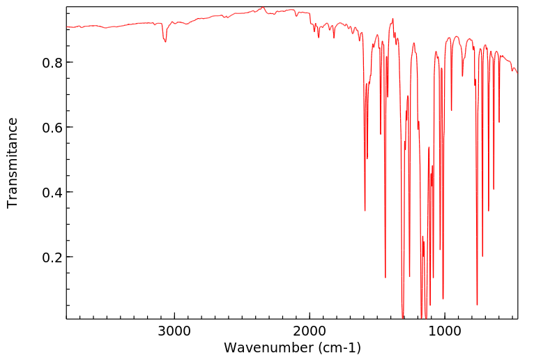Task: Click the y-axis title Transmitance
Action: click(13, 163)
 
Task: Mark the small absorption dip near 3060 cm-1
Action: click(165, 42)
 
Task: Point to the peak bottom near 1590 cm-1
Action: click(365, 210)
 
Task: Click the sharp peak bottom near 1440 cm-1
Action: click(385, 277)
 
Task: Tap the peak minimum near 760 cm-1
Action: click(477, 304)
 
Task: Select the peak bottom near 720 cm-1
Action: click(482, 256)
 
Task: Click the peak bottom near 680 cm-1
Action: click(488, 211)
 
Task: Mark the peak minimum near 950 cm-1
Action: click(451, 110)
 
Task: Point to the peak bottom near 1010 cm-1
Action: click(443, 299)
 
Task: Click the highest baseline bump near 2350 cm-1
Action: click(263, 8)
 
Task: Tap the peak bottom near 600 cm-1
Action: click(499, 122)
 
